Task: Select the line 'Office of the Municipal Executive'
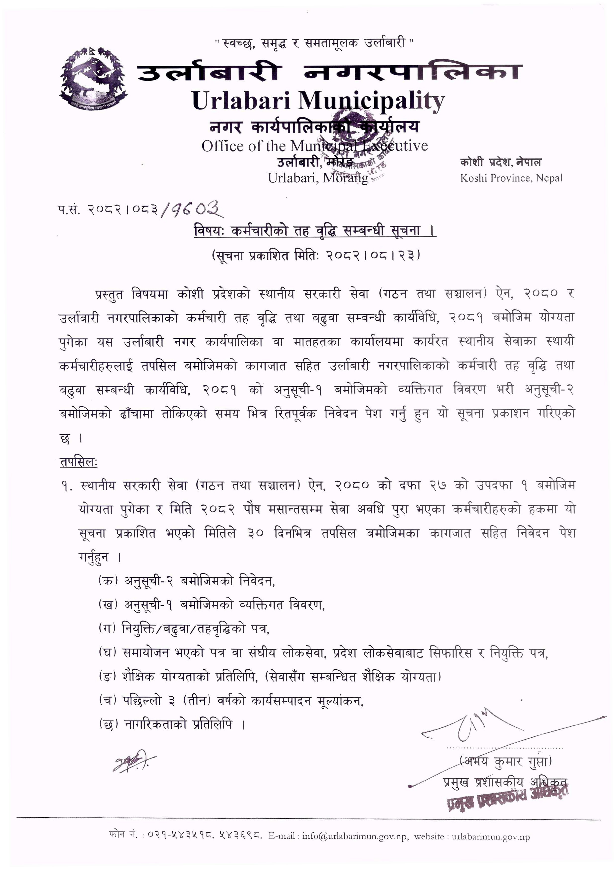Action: click(x=314, y=146)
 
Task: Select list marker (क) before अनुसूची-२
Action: click(x=108, y=580)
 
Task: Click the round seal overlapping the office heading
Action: click(x=355, y=140)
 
